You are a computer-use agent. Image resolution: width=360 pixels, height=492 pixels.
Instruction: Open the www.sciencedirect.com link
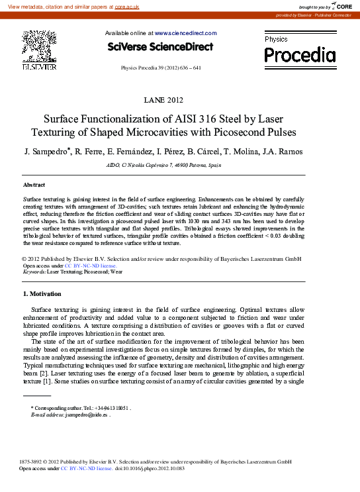click(x=185, y=33)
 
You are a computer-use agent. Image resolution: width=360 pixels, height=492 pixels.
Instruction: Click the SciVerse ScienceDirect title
click(x=160, y=47)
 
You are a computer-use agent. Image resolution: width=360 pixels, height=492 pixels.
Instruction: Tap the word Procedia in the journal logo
click(x=300, y=56)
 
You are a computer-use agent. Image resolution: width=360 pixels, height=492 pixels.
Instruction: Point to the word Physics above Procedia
click(x=276, y=40)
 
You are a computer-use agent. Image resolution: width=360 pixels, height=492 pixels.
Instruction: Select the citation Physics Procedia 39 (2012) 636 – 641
click(x=161, y=68)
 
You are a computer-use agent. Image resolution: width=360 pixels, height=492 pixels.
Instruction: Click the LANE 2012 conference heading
click(x=163, y=100)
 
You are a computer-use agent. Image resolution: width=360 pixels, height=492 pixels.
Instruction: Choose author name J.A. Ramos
click(x=279, y=152)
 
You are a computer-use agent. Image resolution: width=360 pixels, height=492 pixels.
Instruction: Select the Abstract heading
click(x=34, y=184)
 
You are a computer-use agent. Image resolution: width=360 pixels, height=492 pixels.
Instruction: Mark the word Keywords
click(x=34, y=272)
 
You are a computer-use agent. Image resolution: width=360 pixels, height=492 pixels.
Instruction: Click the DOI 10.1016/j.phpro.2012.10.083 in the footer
click(x=150, y=468)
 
